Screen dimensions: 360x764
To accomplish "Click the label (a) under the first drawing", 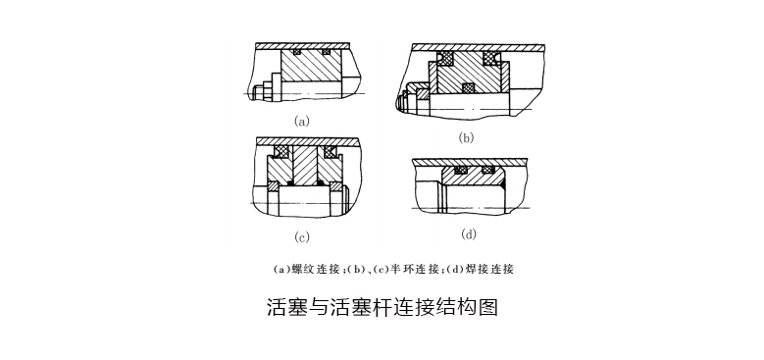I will tap(301, 122).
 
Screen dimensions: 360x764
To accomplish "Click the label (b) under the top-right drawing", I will tap(466, 138).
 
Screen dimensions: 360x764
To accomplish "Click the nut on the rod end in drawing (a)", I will tap(259, 92).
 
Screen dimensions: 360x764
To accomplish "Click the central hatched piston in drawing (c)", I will tap(305, 167).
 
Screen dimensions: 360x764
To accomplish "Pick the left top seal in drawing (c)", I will tap(281, 151).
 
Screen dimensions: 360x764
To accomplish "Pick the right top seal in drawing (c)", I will tap(331, 151).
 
